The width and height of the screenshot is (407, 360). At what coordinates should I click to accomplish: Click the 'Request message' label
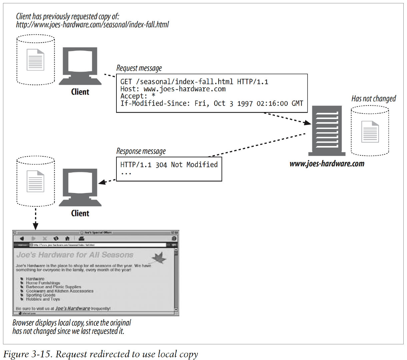[x=139, y=68]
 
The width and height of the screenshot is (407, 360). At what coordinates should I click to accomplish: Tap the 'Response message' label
[x=141, y=151]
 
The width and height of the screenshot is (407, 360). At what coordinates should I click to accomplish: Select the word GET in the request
[x=126, y=82]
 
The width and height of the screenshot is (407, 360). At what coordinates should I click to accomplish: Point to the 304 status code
[x=161, y=165]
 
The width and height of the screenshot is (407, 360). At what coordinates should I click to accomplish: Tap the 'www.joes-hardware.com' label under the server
[x=327, y=164]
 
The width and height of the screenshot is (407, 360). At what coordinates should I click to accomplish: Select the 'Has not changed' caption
[x=374, y=99]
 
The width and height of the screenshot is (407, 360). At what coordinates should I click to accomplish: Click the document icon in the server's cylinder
[x=370, y=132]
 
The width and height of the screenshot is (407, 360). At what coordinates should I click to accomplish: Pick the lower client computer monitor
[x=80, y=185]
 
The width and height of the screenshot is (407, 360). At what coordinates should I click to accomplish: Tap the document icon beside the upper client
[x=35, y=60]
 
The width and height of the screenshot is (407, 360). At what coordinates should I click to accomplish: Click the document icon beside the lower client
[x=35, y=181]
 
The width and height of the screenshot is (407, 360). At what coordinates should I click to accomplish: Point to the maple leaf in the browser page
[x=159, y=258]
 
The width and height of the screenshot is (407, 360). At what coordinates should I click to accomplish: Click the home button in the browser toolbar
[x=67, y=238]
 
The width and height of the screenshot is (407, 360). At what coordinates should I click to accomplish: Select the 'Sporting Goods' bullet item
[x=41, y=295]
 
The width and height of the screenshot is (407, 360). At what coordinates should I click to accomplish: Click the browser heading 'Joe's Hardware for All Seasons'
[x=75, y=255]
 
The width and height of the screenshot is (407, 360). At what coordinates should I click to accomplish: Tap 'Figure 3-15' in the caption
[x=28, y=354]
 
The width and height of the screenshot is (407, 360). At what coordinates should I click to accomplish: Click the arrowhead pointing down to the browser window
[x=36, y=226]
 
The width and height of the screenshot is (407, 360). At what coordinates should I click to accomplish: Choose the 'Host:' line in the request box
[x=173, y=89]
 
